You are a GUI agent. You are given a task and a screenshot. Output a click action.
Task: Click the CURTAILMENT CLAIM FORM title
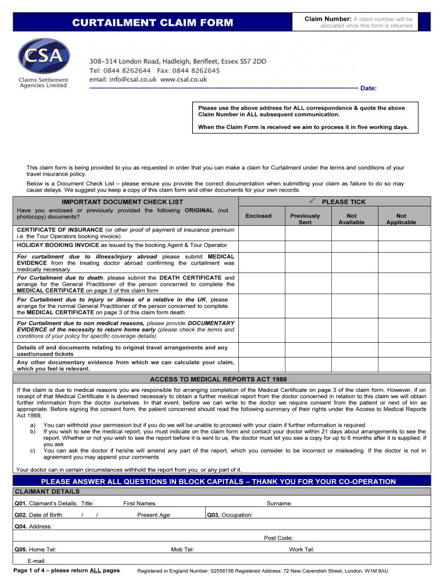pos(152,23)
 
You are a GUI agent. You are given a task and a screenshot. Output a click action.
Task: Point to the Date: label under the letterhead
pos(368,88)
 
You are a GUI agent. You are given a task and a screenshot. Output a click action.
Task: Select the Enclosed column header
pos(258,216)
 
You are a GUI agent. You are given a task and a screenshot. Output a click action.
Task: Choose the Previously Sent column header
pos(305,219)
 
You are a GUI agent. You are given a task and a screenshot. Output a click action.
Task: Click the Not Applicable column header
pos(401,219)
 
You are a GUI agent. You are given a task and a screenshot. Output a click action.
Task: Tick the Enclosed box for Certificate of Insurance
pos(258,233)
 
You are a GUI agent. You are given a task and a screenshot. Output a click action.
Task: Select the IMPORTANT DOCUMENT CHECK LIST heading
pos(123,202)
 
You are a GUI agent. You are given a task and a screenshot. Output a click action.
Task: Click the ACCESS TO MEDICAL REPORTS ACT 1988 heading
pos(218,379)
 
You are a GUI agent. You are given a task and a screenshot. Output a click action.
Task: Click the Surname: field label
pos(279,504)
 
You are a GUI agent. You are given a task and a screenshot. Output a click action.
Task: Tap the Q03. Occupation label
pos(230,515)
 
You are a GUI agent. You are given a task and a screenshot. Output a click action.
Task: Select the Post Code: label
pos(278,538)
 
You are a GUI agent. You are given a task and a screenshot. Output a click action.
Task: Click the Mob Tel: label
pos(182,549)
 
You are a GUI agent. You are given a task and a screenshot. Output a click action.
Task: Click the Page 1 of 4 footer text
pos(66,570)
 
